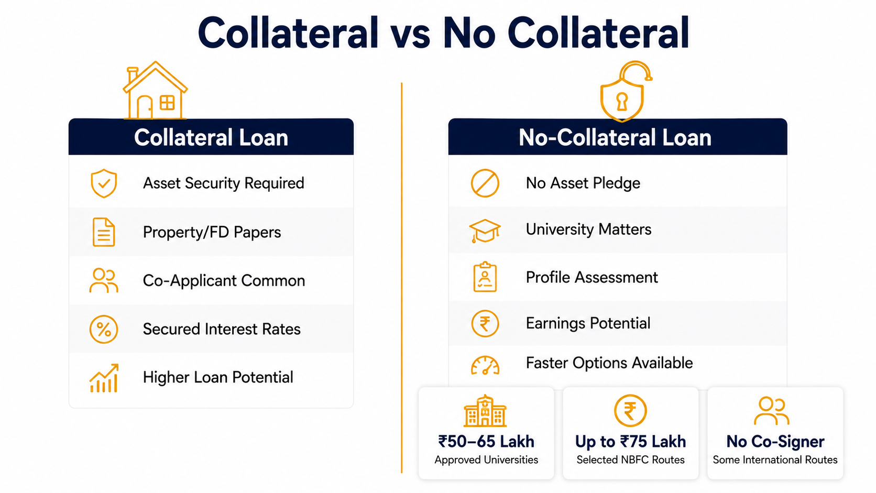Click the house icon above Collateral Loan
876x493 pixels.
(x=155, y=90)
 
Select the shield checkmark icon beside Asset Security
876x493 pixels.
(x=104, y=183)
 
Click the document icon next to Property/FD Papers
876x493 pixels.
(x=104, y=232)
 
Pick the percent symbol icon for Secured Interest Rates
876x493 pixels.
(x=104, y=329)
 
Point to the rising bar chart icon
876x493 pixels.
(x=104, y=378)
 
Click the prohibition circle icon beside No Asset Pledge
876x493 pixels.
(x=485, y=183)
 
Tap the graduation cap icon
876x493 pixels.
(x=485, y=231)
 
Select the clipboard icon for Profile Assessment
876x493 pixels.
(x=485, y=277)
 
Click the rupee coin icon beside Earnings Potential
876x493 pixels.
(x=485, y=324)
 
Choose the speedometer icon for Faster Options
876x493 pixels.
(x=485, y=366)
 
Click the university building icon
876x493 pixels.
(x=485, y=411)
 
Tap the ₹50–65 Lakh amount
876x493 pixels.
(x=486, y=441)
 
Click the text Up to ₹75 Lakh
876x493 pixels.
(x=630, y=442)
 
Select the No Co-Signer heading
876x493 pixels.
(x=775, y=442)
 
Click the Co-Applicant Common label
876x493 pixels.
(x=224, y=281)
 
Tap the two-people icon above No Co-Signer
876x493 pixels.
(x=772, y=411)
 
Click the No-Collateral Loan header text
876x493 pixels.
(x=615, y=138)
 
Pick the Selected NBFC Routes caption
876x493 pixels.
(x=630, y=460)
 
